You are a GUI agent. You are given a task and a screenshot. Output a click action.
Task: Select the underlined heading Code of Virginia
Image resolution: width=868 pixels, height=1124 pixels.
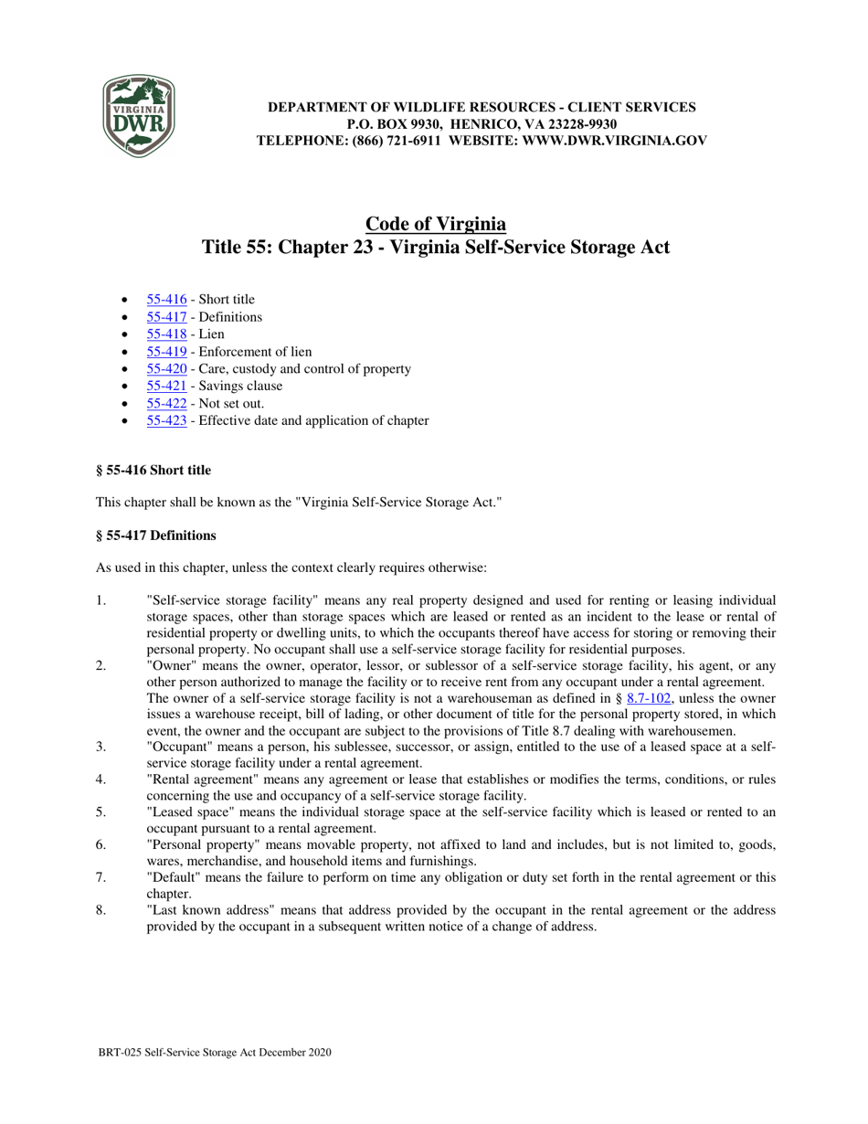tap(435, 224)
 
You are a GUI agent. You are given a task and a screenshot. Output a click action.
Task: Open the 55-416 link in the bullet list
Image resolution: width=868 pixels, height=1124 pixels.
tap(166, 299)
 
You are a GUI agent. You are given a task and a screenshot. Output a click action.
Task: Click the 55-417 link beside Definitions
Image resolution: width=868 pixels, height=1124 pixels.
tap(166, 316)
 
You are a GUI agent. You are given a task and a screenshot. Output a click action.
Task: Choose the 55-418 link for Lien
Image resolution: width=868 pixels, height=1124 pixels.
tap(166, 334)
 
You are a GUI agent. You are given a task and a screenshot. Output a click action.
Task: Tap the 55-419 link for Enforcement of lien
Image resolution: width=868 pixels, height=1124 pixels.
tap(166, 351)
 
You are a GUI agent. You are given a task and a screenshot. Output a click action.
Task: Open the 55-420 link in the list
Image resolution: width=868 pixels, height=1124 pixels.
tap(166, 368)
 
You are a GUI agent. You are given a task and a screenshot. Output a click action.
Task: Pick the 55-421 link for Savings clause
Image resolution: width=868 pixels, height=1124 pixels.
tap(166, 386)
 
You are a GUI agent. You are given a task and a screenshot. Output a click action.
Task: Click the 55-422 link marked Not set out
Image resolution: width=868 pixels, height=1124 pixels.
tap(166, 403)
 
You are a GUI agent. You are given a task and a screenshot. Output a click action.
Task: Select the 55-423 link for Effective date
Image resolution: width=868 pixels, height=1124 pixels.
tap(166, 420)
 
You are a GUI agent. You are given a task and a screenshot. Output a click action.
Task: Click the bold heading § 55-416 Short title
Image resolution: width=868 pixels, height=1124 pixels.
tap(153, 471)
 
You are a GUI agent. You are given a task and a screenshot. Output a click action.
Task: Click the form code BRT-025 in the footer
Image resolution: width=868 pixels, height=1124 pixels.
tap(120, 1053)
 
